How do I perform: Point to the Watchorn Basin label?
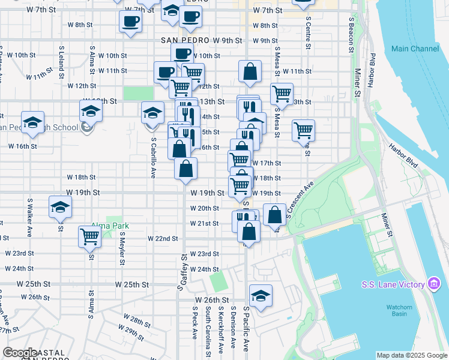pyautogui.click(x=399, y=311)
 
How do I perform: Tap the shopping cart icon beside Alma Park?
pyautogui.click(x=89, y=236)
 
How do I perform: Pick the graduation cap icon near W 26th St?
pyautogui.click(x=261, y=296)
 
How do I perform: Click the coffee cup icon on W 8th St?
pyautogui.click(x=130, y=23)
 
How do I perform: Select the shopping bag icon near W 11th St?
pyautogui.click(x=250, y=72)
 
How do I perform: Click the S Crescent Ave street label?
pyautogui.click(x=300, y=200)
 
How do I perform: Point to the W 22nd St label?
pyautogui.click(x=163, y=238)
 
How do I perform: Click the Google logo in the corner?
pyautogui.click(x=20, y=353)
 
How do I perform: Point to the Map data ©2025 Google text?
pyautogui.click(x=411, y=355)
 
